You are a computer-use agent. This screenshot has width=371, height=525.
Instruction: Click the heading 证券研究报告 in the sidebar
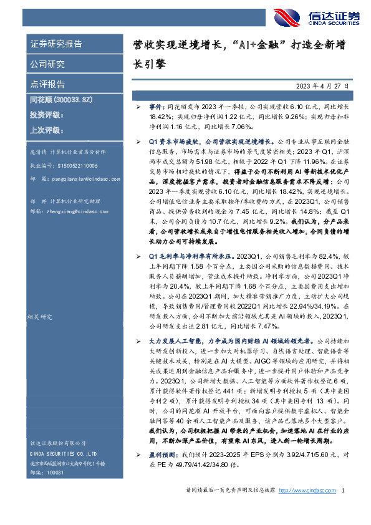tap(56, 44)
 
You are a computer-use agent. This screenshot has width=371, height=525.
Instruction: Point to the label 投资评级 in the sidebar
tap(47, 115)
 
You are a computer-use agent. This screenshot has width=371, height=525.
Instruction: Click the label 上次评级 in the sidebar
tap(47, 130)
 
